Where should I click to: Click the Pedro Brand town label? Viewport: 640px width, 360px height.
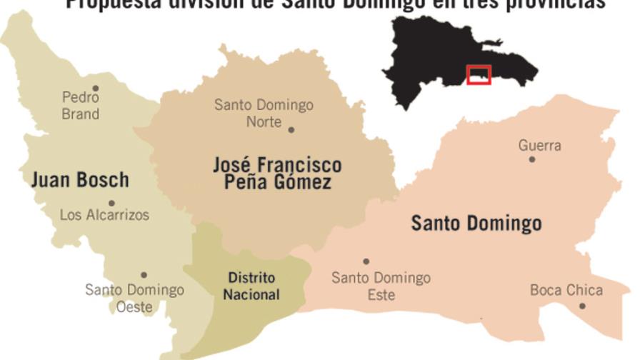(x=80, y=105)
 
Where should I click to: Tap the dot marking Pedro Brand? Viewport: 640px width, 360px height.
(x=95, y=89)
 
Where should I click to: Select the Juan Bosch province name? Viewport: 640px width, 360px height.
(x=80, y=179)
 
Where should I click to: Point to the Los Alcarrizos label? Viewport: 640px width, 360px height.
(x=104, y=214)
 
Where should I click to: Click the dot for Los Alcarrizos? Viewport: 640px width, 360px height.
(x=111, y=203)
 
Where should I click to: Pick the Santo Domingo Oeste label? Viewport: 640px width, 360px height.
(x=134, y=298)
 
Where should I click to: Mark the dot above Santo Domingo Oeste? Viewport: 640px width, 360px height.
(x=144, y=275)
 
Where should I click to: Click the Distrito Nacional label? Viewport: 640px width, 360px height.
(x=251, y=286)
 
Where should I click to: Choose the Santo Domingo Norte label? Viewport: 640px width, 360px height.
(x=264, y=113)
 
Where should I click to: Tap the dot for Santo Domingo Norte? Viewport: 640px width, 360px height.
(x=291, y=130)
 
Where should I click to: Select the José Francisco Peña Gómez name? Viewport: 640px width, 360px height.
(x=277, y=173)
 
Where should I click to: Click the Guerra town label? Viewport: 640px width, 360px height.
(x=539, y=146)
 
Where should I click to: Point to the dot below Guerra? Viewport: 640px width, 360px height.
(x=531, y=159)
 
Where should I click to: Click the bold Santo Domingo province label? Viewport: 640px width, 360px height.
(x=476, y=224)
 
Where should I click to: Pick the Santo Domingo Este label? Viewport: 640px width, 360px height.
(x=381, y=285)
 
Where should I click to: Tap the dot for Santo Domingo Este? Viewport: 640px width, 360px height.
(x=366, y=261)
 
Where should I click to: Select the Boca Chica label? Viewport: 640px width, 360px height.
(x=566, y=290)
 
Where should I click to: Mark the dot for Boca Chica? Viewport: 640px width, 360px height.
(x=582, y=306)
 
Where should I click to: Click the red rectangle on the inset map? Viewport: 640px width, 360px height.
(x=478, y=74)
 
